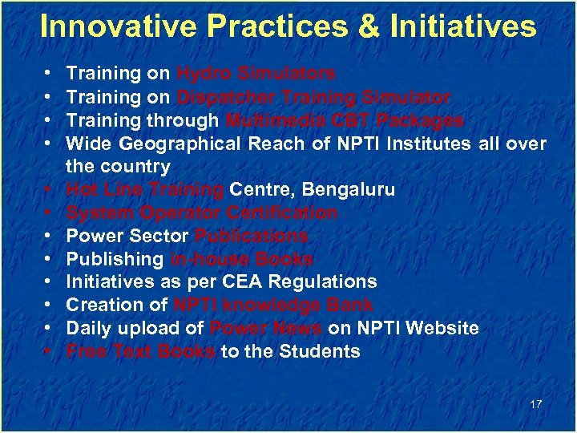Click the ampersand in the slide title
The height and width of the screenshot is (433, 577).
tap(369, 26)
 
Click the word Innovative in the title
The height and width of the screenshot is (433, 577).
tap(111, 26)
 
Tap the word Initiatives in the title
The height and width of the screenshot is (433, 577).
tap(462, 26)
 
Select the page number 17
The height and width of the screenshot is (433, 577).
tap(535, 404)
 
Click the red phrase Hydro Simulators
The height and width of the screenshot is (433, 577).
tap(256, 74)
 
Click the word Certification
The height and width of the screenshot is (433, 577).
tap(281, 213)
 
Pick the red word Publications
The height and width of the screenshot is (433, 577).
tap(251, 237)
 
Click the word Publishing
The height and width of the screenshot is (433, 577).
tap(115, 260)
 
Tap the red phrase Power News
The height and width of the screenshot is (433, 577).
tap(265, 329)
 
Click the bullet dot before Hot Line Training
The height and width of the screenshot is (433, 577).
tap(50, 190)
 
